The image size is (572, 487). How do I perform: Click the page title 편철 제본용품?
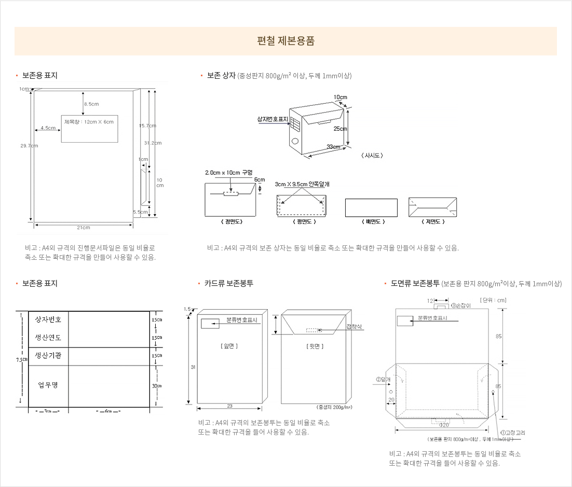pos(285,41)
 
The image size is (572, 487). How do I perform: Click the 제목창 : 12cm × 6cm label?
pos(89,121)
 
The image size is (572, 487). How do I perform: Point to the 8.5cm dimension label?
pos(91,104)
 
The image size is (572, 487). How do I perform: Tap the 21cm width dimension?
pos(84,228)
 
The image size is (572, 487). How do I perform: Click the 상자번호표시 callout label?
pos(273,119)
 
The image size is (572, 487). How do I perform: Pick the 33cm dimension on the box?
pos(333,147)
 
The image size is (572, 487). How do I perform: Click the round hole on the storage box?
pos(295,141)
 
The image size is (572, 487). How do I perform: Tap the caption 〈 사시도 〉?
pos(371,155)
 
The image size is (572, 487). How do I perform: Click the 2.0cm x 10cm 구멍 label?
pos(228,172)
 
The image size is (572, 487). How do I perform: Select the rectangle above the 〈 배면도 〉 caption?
pos(371,207)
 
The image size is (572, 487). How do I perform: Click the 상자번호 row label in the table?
pos(48,319)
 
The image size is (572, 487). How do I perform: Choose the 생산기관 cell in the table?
pos(48,355)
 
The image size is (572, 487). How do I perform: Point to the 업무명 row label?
pos(48,385)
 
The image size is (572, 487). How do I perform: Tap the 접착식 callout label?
pos(355,326)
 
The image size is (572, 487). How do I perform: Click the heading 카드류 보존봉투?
pos(228,283)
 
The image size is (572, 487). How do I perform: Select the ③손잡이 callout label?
pos(460,305)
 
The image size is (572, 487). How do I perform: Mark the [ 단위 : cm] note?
pos(494,300)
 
